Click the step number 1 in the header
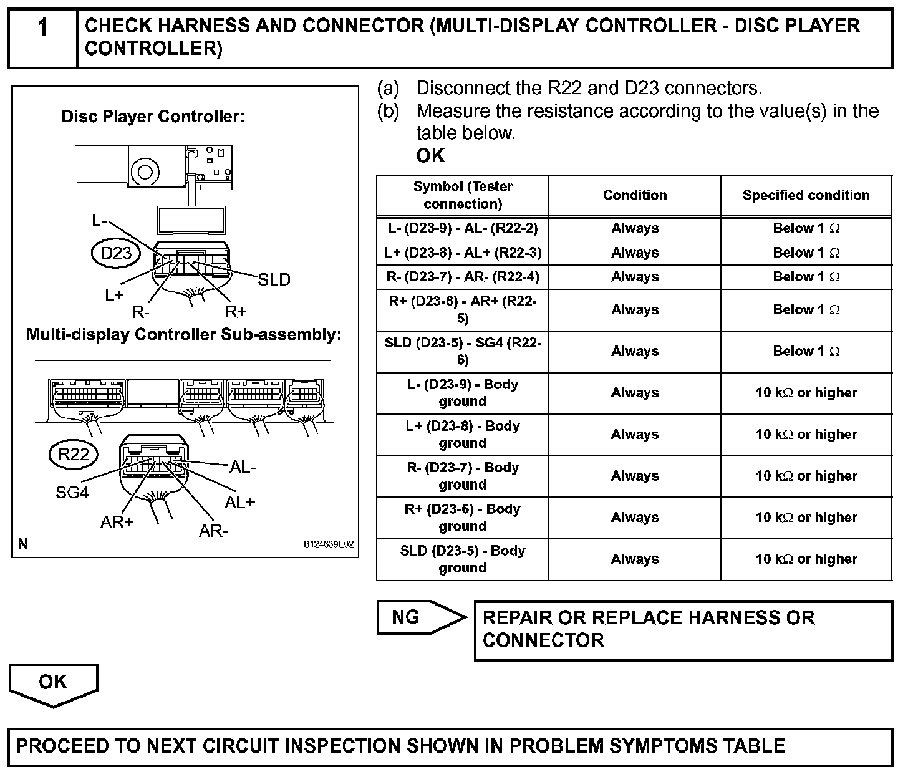point(42,28)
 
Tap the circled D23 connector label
point(116,253)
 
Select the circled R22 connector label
point(74,454)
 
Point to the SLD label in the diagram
point(274,280)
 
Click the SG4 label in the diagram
point(72,493)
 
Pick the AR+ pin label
point(117,522)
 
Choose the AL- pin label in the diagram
point(243,466)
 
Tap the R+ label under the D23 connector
point(236,311)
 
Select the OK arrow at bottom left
point(53,683)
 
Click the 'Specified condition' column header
point(806,195)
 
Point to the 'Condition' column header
point(634,195)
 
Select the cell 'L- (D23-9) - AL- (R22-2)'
point(462,228)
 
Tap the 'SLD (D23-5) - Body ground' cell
point(462,559)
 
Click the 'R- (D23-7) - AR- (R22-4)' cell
point(462,277)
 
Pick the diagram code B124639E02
point(329,544)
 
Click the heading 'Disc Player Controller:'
point(153,117)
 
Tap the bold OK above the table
point(430,156)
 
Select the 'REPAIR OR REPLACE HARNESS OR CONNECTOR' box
point(683,629)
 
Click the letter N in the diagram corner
point(23,544)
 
